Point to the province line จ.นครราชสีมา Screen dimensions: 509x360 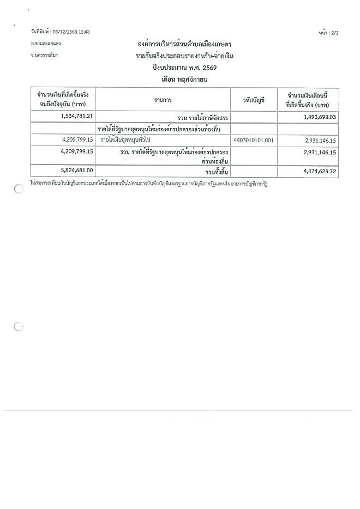click(x=45, y=55)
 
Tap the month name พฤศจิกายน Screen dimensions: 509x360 click(x=193, y=80)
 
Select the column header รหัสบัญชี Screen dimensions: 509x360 click(x=254, y=99)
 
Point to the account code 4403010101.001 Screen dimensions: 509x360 click(x=253, y=140)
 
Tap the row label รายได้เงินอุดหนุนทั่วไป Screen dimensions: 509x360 click(x=125, y=140)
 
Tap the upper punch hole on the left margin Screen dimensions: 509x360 click(x=19, y=189)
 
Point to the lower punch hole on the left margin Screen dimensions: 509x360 click(x=19, y=326)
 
